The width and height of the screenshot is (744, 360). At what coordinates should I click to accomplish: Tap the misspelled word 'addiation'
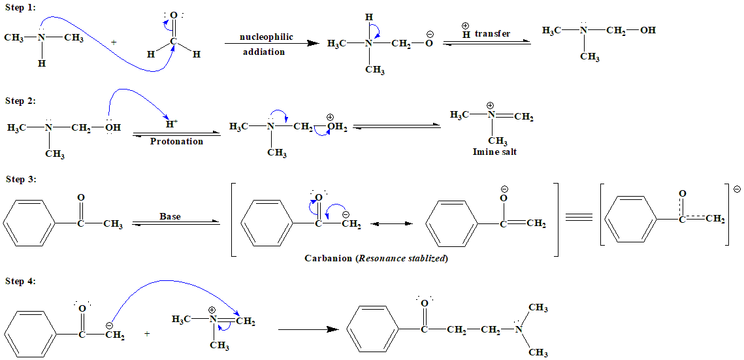(264, 52)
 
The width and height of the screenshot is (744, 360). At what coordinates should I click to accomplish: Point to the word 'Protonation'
(176, 141)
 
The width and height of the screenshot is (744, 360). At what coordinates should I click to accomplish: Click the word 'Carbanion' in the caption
(329, 258)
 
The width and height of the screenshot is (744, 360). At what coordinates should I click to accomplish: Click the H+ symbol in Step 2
(172, 123)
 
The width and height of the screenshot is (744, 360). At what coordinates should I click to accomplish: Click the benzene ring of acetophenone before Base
(29, 225)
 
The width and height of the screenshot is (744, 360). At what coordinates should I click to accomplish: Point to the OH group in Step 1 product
(647, 30)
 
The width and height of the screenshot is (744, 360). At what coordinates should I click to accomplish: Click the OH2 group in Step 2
(337, 127)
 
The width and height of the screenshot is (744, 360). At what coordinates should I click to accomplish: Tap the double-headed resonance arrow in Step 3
(391, 224)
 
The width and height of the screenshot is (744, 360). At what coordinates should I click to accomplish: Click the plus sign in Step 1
(114, 42)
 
